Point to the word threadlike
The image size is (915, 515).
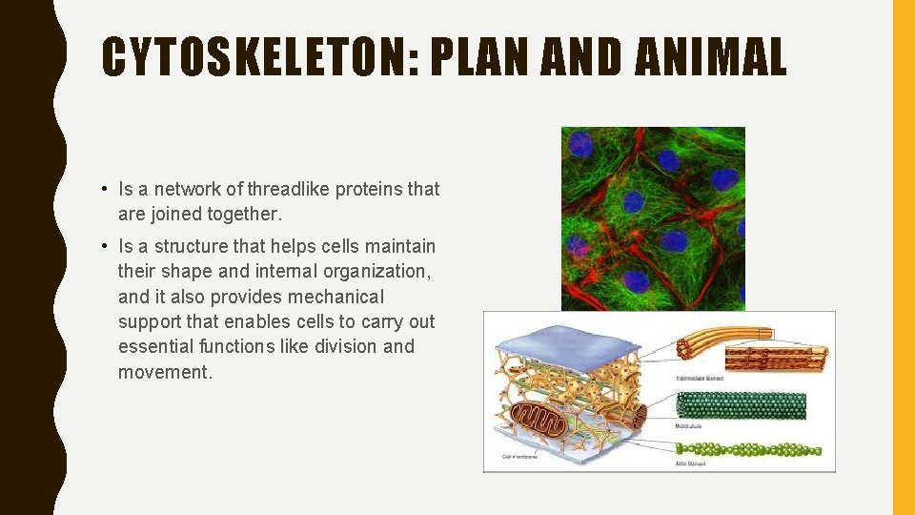tap(286, 189)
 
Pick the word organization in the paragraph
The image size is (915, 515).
tap(373, 272)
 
